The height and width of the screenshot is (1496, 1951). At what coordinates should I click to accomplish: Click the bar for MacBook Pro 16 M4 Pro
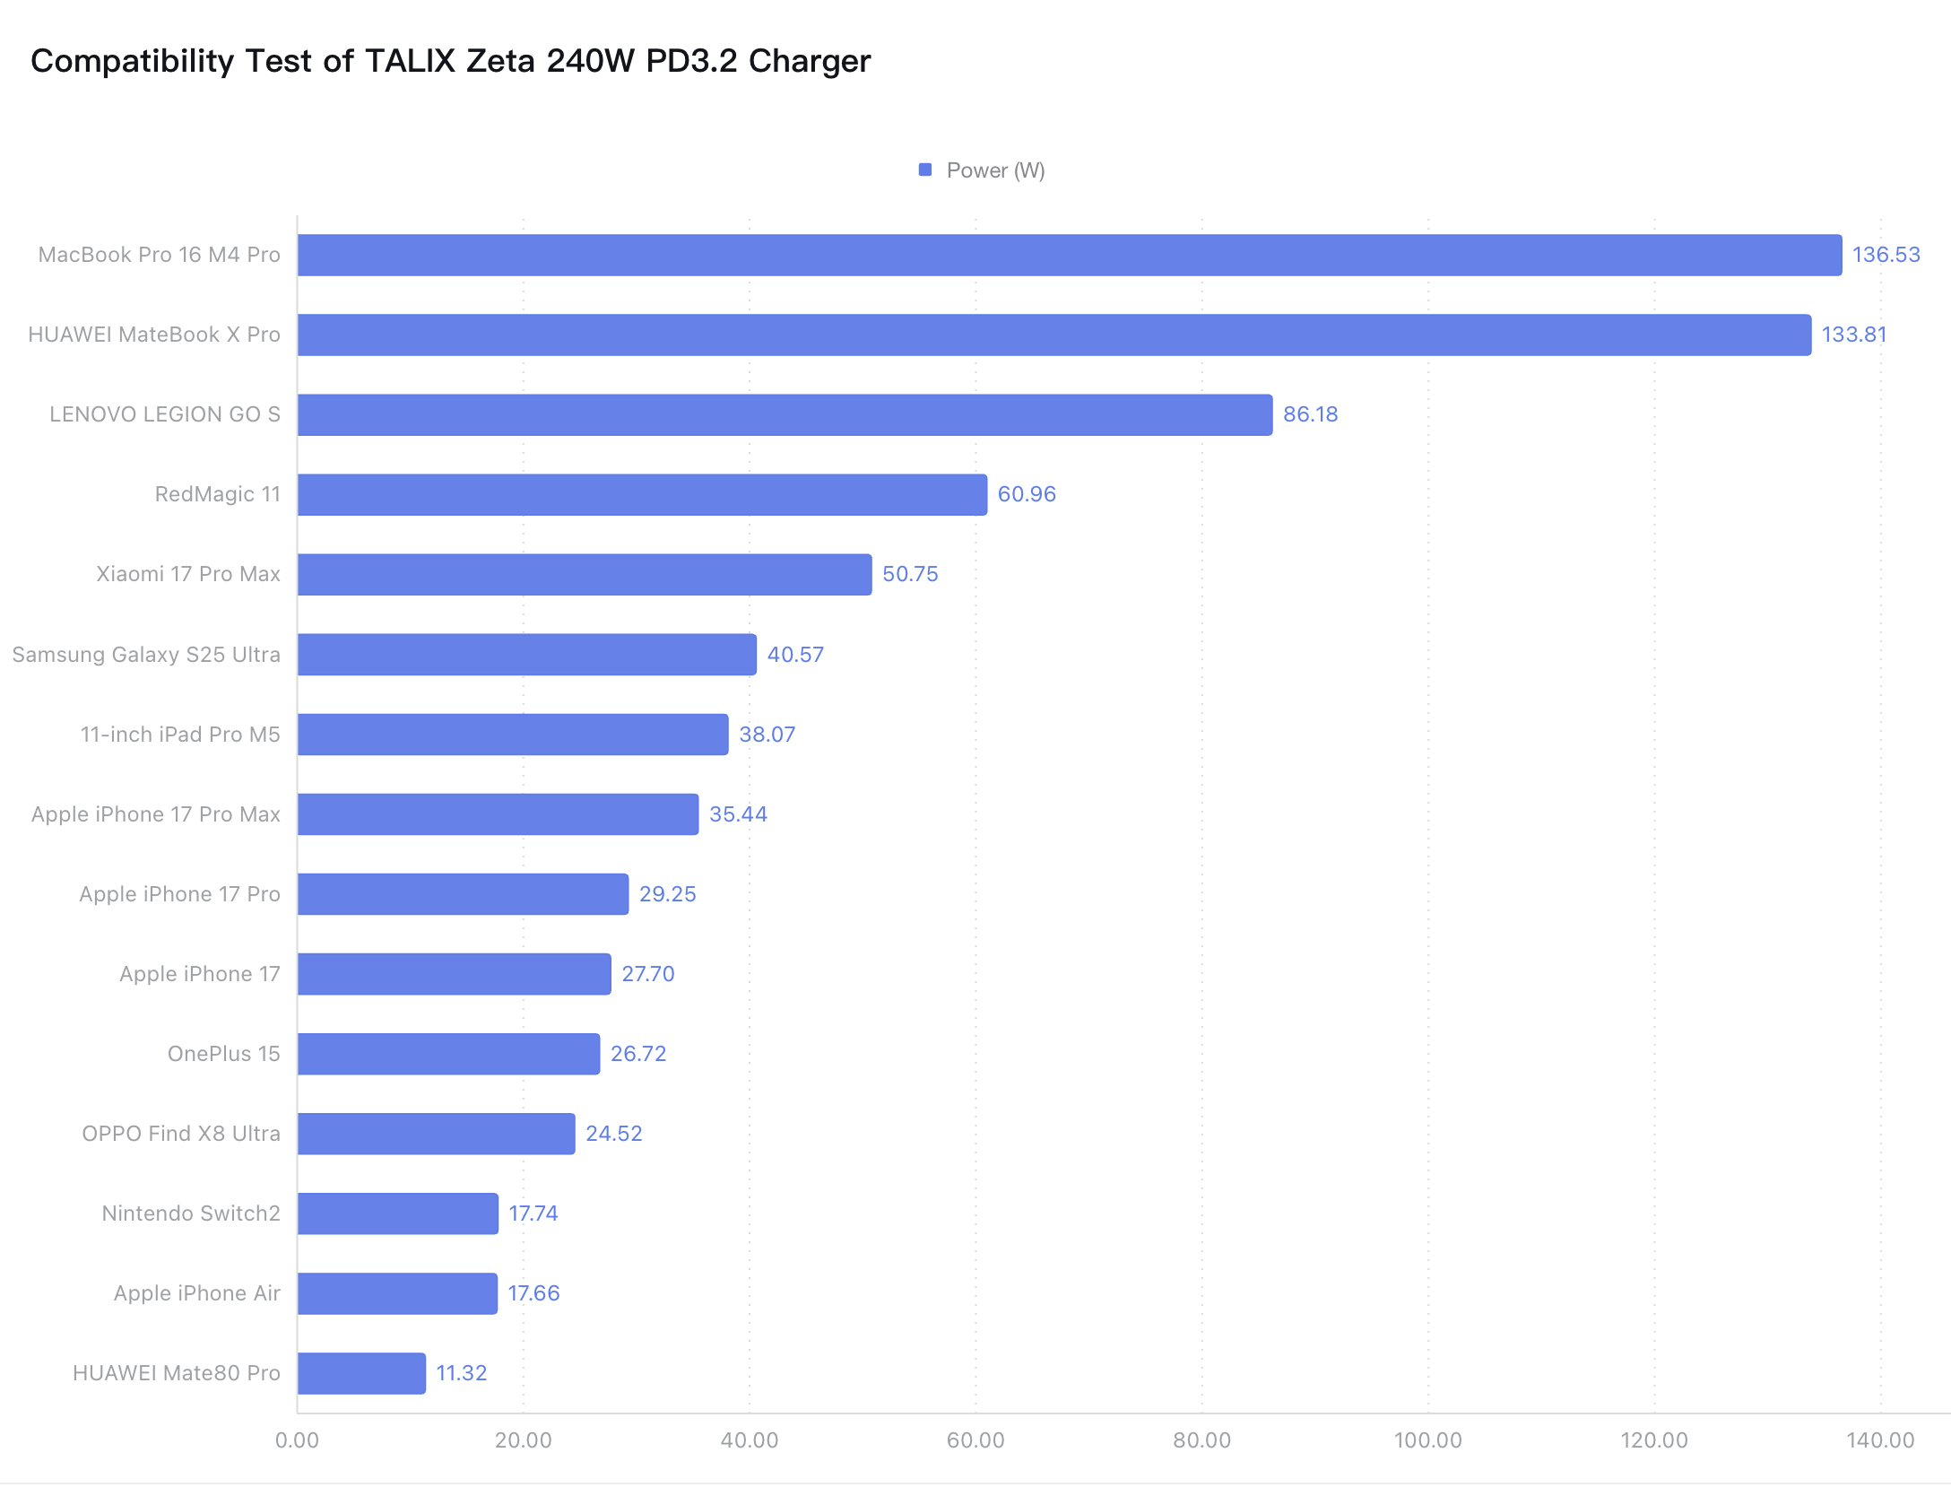pyautogui.click(x=1069, y=256)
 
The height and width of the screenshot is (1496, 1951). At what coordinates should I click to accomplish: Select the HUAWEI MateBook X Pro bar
pyautogui.click(x=1054, y=335)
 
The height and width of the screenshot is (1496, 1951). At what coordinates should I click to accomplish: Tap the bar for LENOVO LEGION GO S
pyautogui.click(x=785, y=415)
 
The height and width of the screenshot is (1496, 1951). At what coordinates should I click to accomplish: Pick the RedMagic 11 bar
pyautogui.click(x=642, y=495)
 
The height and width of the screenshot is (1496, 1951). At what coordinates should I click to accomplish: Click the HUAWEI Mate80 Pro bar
pyautogui.click(x=361, y=1374)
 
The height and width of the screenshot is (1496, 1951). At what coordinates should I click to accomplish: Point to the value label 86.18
pyautogui.click(x=1310, y=415)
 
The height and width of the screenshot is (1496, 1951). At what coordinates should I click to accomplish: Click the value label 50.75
pyautogui.click(x=910, y=575)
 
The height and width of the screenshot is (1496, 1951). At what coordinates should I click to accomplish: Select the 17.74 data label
pyautogui.click(x=533, y=1214)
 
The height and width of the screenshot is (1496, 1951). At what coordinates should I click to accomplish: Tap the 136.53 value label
pyautogui.click(x=1886, y=256)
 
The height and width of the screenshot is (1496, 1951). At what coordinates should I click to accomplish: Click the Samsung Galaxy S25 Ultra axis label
pyautogui.click(x=146, y=656)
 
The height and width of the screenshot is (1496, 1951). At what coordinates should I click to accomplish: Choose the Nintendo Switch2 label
pyautogui.click(x=191, y=1214)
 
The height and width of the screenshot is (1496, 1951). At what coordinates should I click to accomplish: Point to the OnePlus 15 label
pyautogui.click(x=224, y=1055)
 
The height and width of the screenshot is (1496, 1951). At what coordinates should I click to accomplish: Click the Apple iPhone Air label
pyautogui.click(x=196, y=1294)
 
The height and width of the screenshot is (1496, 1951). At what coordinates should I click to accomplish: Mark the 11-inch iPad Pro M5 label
pyautogui.click(x=180, y=735)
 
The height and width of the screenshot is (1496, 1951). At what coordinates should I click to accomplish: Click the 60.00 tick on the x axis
pyautogui.click(x=975, y=1441)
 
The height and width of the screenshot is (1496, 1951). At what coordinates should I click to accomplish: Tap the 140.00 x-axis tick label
pyautogui.click(x=1880, y=1441)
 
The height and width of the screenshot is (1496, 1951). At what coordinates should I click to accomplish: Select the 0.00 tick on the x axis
pyautogui.click(x=297, y=1441)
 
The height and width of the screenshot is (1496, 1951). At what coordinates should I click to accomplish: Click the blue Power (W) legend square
pyautogui.click(x=925, y=170)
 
